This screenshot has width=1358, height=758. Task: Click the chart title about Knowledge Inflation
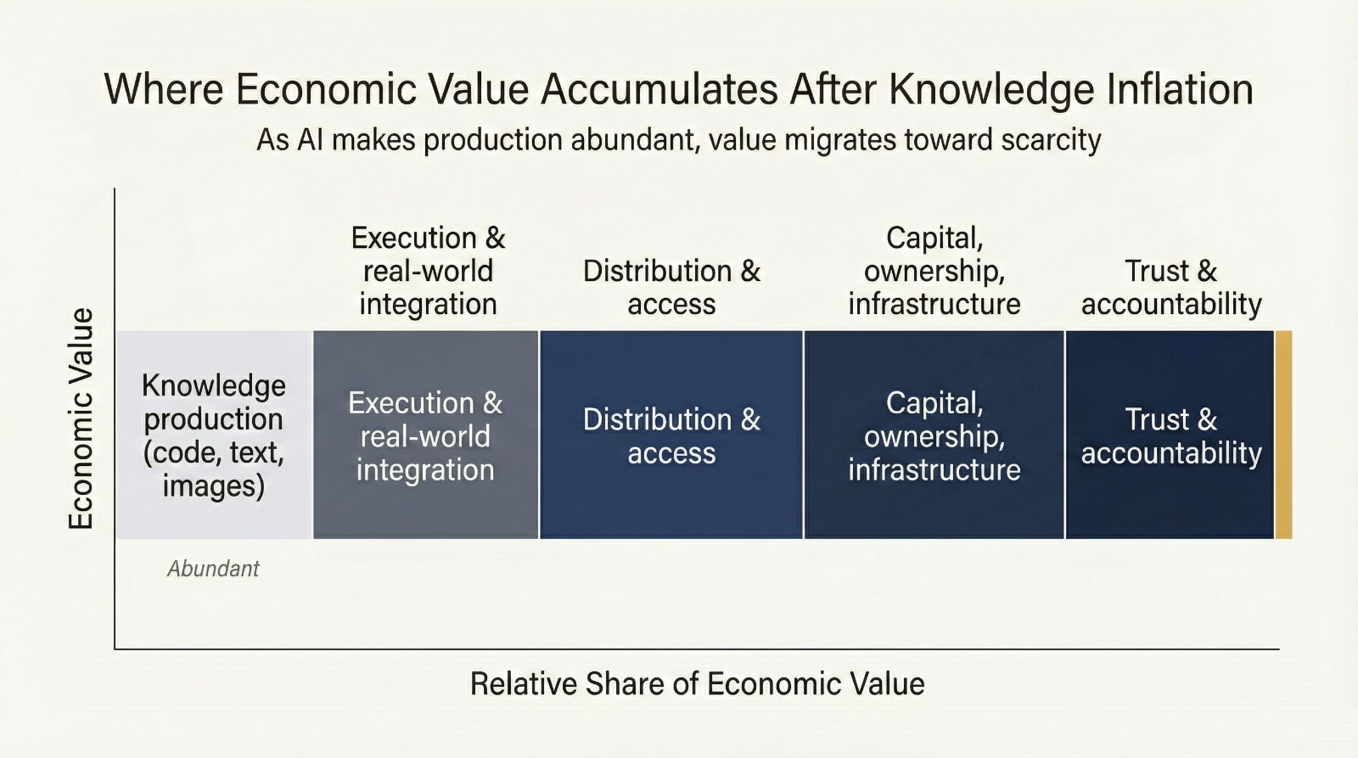click(x=678, y=89)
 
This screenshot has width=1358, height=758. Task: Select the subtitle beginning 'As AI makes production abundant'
click(x=678, y=139)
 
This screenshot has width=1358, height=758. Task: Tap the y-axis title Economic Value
click(x=81, y=418)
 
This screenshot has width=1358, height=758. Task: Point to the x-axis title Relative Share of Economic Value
click(x=697, y=683)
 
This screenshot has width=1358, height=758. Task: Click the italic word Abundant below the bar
click(x=213, y=569)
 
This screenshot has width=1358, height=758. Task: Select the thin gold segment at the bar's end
click(x=1283, y=435)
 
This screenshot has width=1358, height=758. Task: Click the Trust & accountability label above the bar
click(x=1171, y=287)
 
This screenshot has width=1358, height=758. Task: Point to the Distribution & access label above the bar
click(x=671, y=287)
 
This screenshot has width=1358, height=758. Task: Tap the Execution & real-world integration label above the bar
click(x=428, y=270)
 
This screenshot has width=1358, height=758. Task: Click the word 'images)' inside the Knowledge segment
click(x=213, y=486)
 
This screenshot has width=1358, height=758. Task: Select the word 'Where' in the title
click(x=164, y=89)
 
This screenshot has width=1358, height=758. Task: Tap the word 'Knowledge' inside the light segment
click(x=213, y=385)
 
